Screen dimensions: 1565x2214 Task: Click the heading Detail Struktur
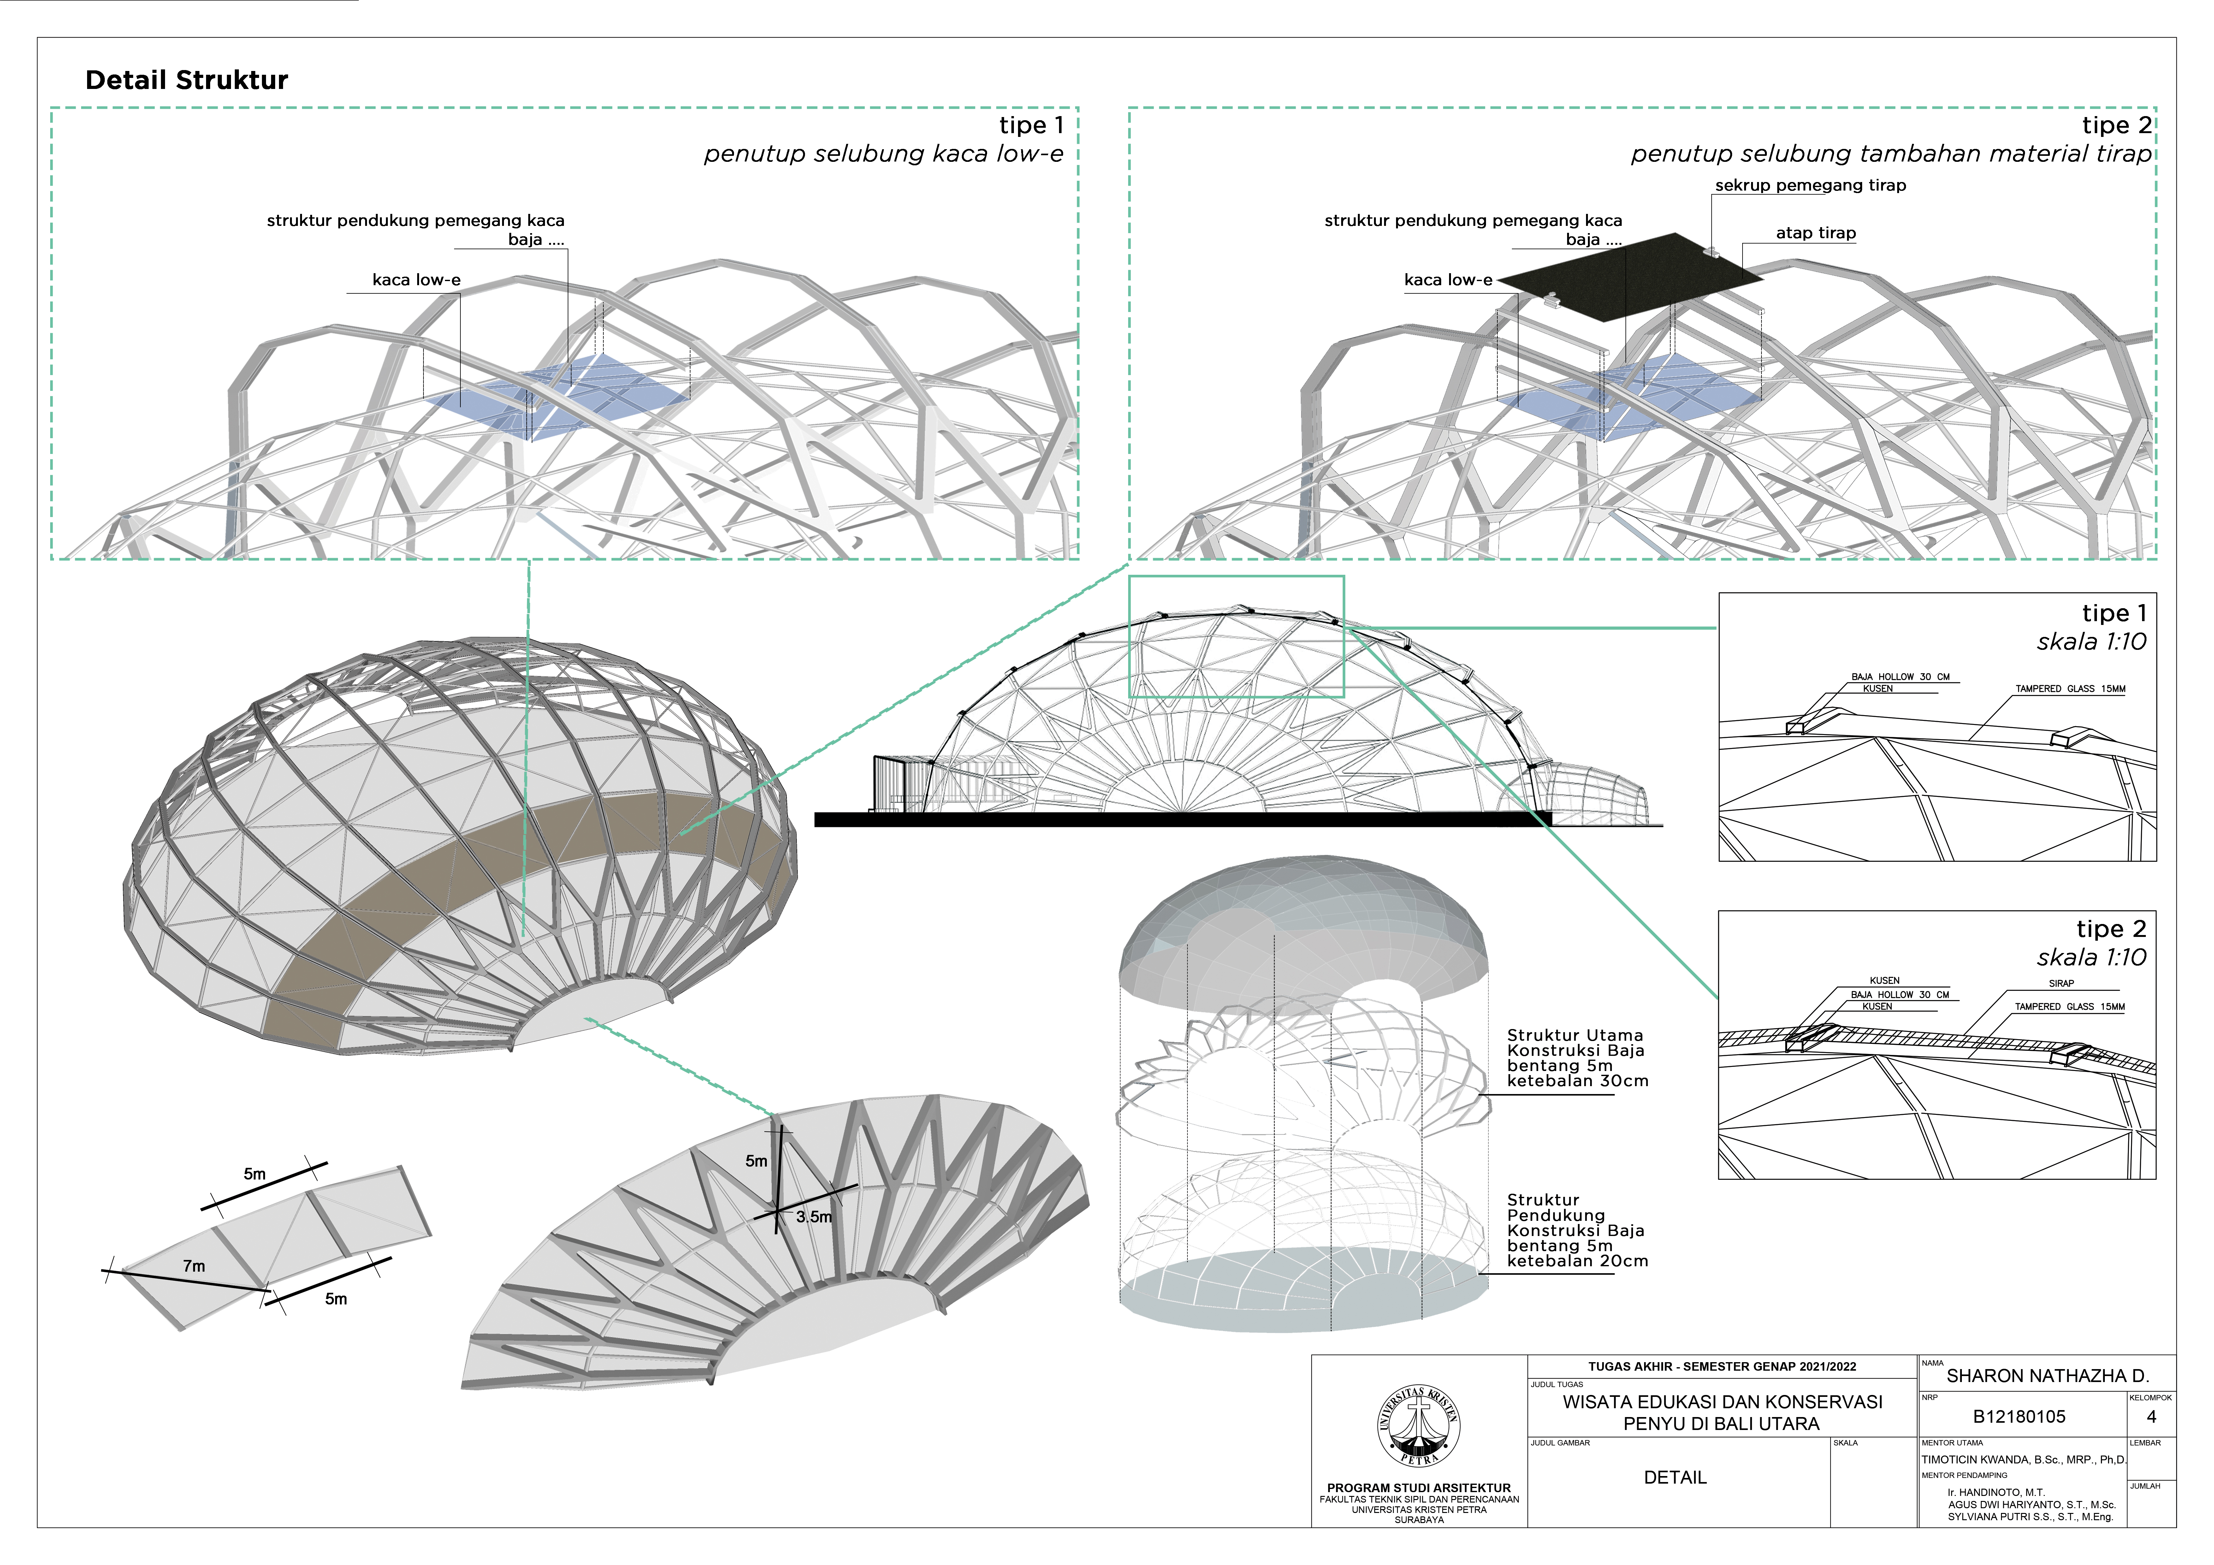(x=186, y=80)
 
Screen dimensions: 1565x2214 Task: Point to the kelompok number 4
(x=2150, y=1416)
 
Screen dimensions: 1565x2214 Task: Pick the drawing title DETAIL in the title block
(x=1675, y=1477)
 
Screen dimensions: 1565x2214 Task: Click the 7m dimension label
(x=194, y=1266)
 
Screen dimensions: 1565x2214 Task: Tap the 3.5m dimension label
(x=814, y=1217)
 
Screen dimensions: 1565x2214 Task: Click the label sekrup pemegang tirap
(x=1810, y=185)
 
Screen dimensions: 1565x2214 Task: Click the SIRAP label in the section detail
(x=2061, y=984)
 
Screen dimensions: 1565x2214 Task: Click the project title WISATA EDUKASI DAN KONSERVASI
(x=1722, y=1402)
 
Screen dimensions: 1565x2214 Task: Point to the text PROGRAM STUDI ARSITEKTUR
(x=1418, y=1488)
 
